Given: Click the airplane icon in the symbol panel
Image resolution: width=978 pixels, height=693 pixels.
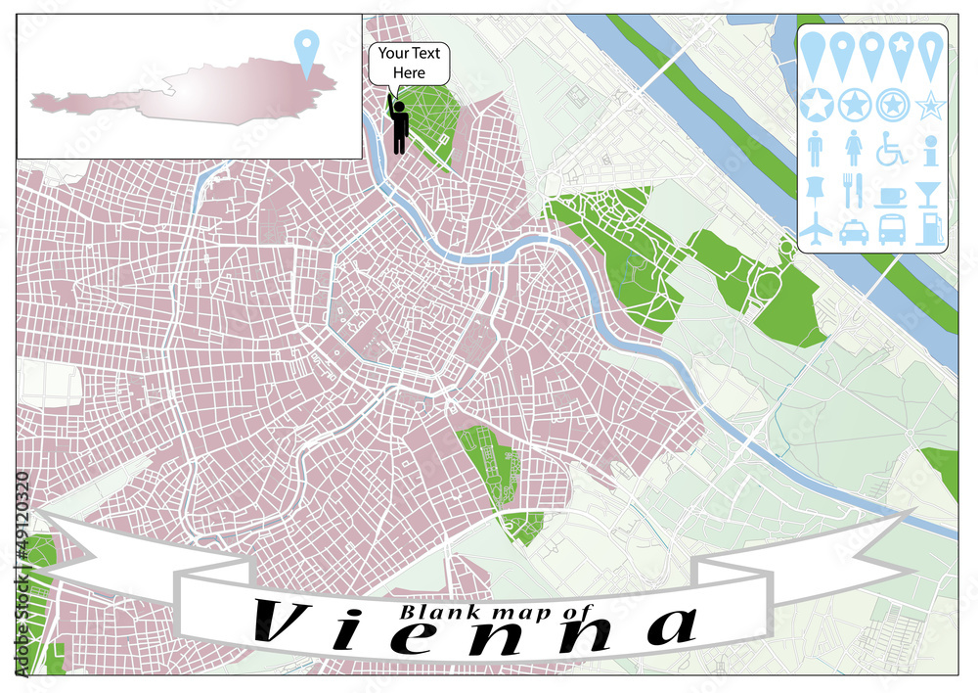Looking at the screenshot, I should [x=817, y=229].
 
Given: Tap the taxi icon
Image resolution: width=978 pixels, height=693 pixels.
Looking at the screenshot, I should [x=853, y=230].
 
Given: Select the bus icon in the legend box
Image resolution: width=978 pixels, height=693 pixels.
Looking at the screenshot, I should [x=891, y=229].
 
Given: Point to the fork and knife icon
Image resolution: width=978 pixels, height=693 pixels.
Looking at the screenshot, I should [x=854, y=189].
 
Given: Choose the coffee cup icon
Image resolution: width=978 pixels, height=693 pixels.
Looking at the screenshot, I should [x=891, y=194].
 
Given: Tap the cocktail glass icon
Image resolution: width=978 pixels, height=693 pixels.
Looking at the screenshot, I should [x=929, y=190].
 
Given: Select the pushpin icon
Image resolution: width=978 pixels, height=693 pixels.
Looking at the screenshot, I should [x=817, y=189].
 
